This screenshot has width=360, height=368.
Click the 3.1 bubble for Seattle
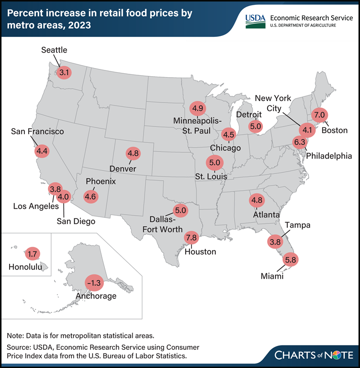tap(64, 73)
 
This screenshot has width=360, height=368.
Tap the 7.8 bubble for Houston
tap(191, 237)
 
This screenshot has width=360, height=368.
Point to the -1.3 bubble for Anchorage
tap(93, 283)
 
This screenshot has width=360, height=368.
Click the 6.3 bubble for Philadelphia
tap(300, 142)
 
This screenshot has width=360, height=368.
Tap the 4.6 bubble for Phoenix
tap(90, 196)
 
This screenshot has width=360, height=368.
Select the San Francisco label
tap(37, 131)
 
